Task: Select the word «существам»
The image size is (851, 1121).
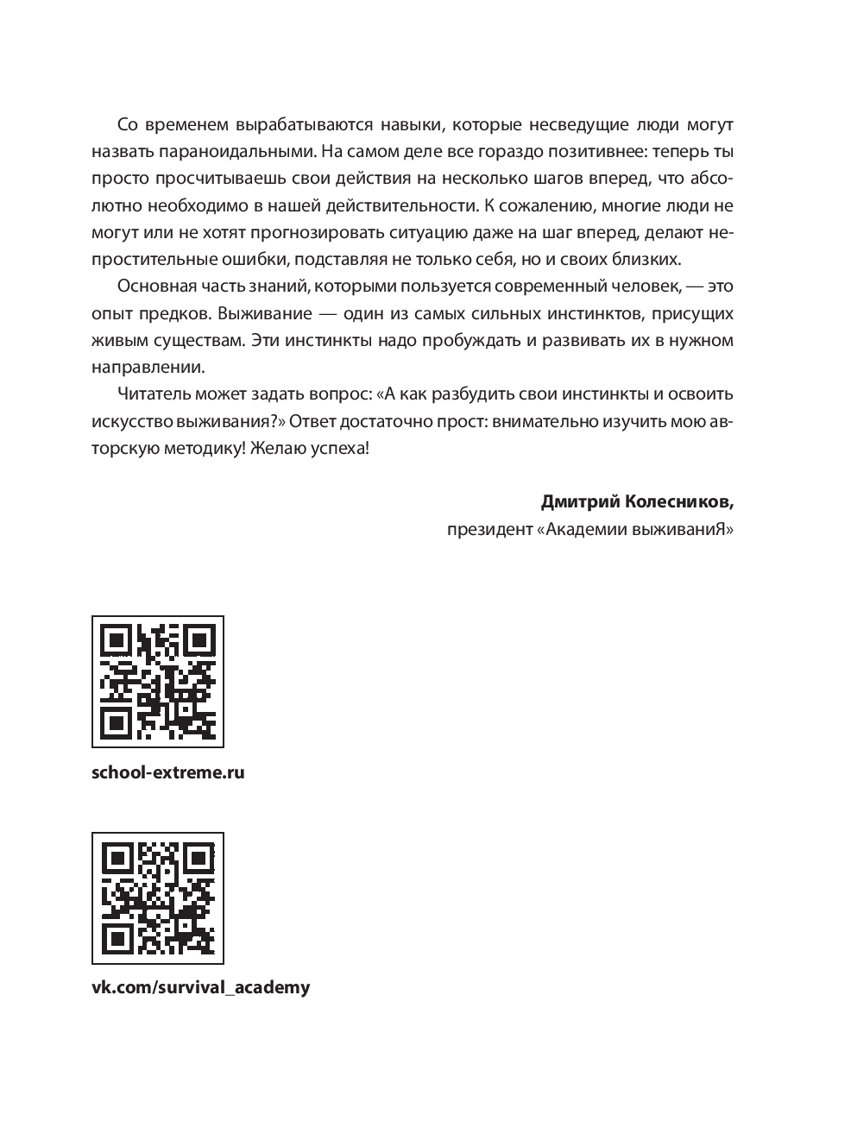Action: point(203,340)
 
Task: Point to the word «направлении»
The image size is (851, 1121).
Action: point(148,367)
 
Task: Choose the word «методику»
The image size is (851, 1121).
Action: point(190,448)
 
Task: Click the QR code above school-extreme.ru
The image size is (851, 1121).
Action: point(158,682)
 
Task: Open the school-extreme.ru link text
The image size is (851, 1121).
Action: point(168,772)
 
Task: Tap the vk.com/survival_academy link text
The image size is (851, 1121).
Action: point(200,988)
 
